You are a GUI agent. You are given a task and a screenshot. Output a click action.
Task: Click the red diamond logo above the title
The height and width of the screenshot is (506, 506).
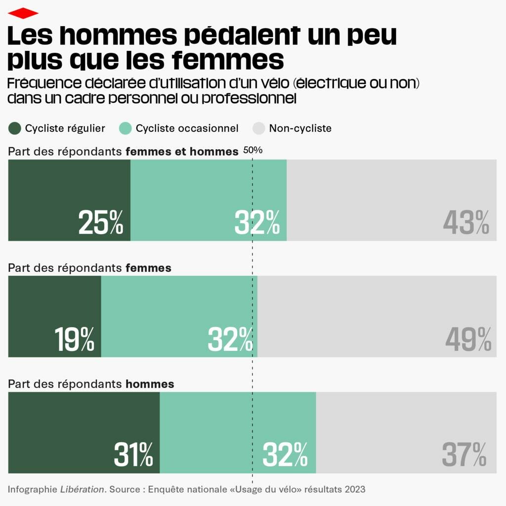(x=23, y=13)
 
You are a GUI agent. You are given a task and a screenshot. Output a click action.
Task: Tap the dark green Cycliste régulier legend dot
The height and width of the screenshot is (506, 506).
(x=15, y=128)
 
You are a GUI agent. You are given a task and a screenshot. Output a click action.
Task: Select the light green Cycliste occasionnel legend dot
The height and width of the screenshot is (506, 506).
(x=126, y=128)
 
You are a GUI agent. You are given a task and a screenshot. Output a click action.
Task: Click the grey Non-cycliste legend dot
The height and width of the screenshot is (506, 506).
(x=259, y=128)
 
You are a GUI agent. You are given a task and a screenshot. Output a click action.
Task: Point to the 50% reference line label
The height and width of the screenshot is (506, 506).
(x=253, y=150)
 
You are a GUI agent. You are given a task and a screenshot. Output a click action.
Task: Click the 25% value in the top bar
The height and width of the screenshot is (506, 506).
(x=101, y=223)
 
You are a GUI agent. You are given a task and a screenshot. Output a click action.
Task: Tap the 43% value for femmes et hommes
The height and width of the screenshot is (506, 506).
(x=466, y=223)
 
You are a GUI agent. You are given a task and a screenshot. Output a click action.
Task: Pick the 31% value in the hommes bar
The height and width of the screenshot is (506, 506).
(x=133, y=455)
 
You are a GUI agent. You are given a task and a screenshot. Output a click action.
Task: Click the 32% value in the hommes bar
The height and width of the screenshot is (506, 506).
(x=285, y=455)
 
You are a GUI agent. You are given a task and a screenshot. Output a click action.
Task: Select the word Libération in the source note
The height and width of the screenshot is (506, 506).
(x=83, y=490)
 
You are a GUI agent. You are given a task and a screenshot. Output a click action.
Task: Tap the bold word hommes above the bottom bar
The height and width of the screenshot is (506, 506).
(x=150, y=384)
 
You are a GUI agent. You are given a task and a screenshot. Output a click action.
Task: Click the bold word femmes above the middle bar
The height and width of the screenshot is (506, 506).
(x=148, y=268)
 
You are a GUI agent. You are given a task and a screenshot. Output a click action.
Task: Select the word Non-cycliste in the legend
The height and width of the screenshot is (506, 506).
(x=300, y=128)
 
